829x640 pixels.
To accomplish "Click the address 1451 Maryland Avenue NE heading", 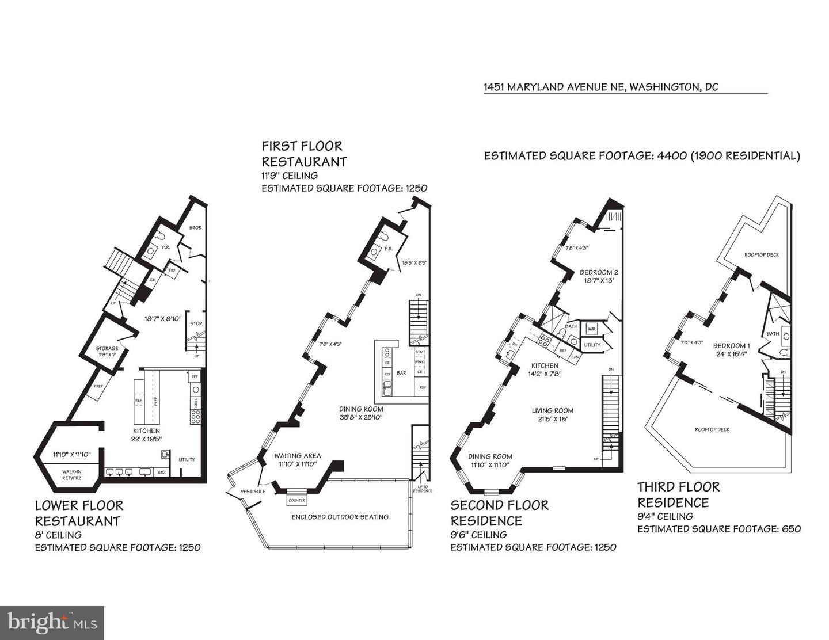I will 600,87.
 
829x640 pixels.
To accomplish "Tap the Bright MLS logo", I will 52,623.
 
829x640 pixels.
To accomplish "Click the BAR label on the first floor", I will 401,373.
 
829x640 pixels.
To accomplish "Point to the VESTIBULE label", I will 253,492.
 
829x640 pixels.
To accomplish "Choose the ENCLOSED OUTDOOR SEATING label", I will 340,517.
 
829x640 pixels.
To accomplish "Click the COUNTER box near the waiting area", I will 296,501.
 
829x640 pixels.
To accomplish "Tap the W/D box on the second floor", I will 591,329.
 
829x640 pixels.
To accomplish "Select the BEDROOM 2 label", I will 599,272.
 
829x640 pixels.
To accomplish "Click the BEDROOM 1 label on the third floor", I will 731,346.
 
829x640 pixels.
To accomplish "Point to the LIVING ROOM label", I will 552,410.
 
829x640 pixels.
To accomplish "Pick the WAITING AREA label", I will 297,456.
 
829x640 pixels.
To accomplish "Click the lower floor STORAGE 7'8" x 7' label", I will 107,351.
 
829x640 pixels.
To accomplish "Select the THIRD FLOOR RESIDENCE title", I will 678,494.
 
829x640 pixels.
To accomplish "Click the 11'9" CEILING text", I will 289,176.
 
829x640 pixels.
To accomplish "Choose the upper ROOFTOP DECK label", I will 761,254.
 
